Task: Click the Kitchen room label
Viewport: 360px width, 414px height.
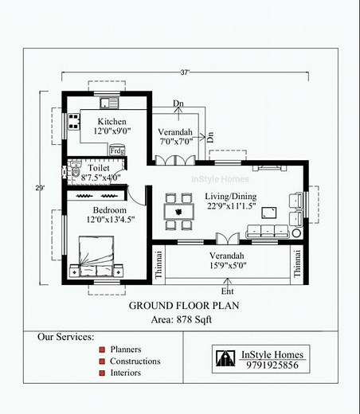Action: (111, 121)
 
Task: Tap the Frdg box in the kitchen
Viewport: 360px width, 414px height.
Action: (116, 149)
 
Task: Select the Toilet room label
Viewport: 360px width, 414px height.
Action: (100, 169)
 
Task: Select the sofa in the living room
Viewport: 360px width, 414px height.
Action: (268, 232)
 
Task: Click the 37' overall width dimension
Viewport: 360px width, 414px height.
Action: (185, 72)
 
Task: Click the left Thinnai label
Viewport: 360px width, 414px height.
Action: (158, 263)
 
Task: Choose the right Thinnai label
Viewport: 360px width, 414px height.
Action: (298, 263)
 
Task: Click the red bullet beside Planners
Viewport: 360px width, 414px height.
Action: (102, 350)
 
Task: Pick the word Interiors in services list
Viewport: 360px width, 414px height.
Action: (126, 373)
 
